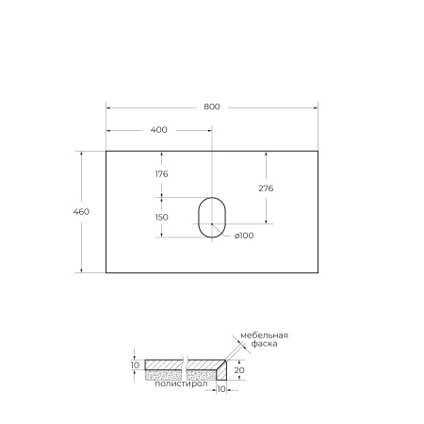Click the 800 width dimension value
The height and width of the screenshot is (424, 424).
(211, 106)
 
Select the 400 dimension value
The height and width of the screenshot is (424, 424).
(158, 130)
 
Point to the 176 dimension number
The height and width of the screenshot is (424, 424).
(161, 173)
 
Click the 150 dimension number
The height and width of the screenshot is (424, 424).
(161, 217)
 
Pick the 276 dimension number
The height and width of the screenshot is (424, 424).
(266, 188)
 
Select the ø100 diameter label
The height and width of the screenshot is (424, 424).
(243, 236)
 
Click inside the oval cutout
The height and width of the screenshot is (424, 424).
(212, 217)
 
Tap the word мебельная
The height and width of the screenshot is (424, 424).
(264, 335)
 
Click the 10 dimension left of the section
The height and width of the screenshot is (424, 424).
(136, 365)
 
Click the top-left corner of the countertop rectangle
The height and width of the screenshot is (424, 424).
(106, 150)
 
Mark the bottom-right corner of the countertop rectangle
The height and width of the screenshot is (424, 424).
(318, 273)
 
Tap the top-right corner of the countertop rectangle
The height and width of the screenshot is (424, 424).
(318, 150)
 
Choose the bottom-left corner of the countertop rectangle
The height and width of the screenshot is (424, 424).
(106, 273)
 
